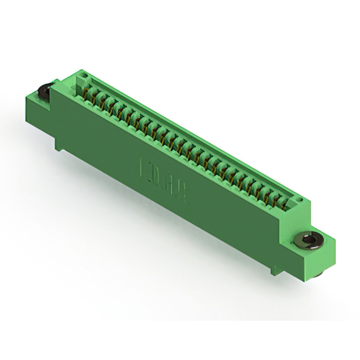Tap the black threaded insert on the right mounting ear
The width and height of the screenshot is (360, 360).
click(x=308, y=241)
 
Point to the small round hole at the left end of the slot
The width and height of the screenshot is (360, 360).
click(x=82, y=75)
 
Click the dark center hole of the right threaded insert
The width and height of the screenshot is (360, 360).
click(x=308, y=241)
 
